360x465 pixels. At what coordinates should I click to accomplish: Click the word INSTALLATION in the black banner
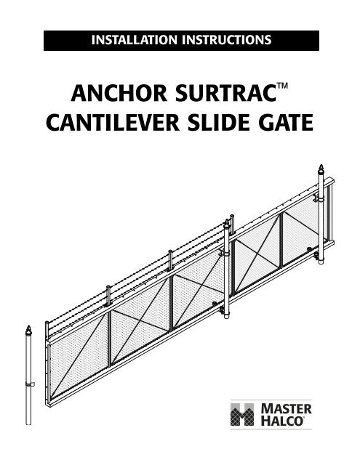click(134, 40)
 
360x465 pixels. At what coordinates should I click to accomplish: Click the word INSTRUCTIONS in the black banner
click(226, 40)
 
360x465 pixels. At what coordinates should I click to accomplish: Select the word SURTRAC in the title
click(226, 93)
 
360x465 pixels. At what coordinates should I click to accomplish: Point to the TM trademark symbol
click(282, 86)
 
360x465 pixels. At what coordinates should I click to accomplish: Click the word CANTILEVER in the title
click(113, 123)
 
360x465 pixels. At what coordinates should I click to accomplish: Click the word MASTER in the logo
click(287, 409)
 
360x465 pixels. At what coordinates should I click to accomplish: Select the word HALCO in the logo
click(282, 421)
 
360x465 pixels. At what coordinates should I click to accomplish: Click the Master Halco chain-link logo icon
click(242, 414)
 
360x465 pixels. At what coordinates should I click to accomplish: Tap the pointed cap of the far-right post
click(321, 169)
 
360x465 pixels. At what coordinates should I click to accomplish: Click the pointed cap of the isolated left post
click(28, 330)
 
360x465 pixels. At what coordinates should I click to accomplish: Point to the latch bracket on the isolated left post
click(31, 384)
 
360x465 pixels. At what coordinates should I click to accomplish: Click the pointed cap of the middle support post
click(227, 224)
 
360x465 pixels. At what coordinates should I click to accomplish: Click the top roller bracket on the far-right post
click(317, 198)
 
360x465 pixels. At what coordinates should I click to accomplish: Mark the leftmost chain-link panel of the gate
click(78, 355)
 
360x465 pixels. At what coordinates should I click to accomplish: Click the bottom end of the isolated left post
click(28, 424)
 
